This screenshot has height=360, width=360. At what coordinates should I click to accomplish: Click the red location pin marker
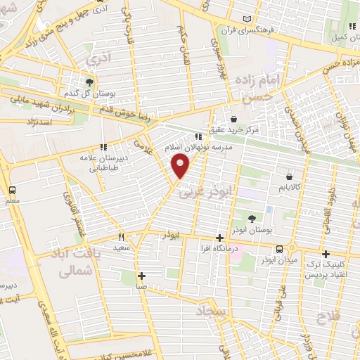coord(181,167)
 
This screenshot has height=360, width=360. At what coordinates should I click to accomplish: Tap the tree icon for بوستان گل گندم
coord(89,82)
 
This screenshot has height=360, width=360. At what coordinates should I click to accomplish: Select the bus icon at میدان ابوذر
coord(280,248)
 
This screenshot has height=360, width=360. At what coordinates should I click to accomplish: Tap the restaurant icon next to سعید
coord(121,237)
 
